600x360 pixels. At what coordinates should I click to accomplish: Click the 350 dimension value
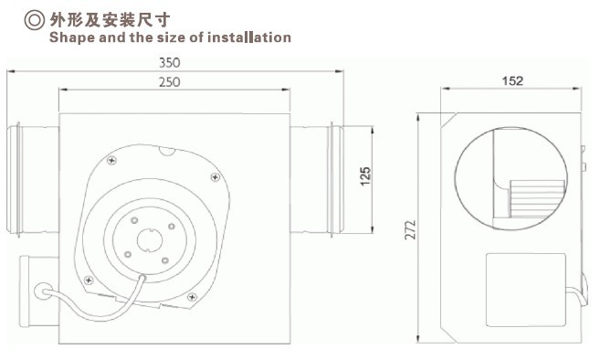click(169, 62)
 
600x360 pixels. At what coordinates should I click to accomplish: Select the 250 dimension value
click(169, 82)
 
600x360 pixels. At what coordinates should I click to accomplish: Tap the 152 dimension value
click(512, 80)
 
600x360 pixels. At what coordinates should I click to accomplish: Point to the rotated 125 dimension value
click(365, 176)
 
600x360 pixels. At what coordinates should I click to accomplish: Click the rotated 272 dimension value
click(410, 229)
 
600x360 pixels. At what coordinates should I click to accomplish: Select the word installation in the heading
click(249, 37)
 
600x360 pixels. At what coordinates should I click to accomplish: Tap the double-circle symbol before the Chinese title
click(35, 20)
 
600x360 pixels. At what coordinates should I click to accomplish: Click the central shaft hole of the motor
click(149, 239)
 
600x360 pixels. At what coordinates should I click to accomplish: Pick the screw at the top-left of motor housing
click(111, 161)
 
